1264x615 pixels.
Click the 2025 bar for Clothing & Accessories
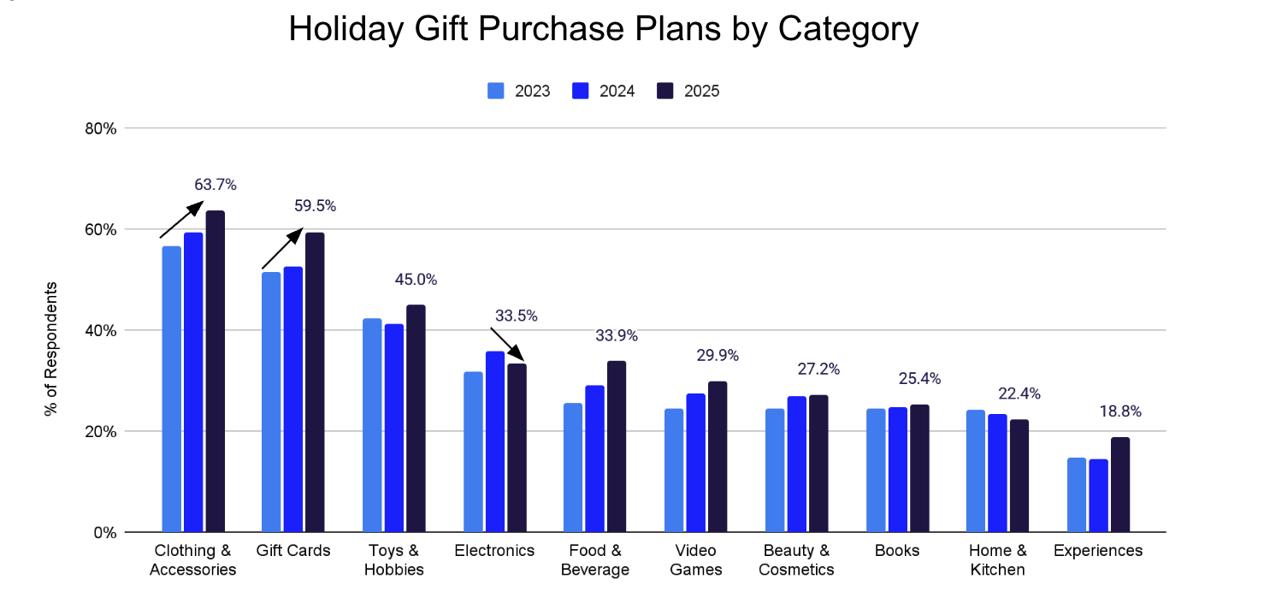[215, 371]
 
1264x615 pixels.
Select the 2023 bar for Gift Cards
[271, 402]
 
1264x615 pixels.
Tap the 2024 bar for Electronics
[495, 441]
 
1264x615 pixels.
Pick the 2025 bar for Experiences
[1119, 485]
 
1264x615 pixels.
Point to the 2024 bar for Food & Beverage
[595, 458]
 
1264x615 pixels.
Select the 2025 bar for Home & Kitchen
[1019, 476]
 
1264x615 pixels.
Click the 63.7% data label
[216, 184]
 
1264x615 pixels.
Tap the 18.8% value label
[1120, 411]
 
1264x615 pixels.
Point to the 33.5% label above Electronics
[517, 316]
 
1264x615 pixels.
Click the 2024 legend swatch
[582, 91]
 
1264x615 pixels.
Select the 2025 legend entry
[688, 91]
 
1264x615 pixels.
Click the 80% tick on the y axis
[102, 128]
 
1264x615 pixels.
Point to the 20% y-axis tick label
[102, 431]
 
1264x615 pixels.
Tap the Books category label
[897, 551]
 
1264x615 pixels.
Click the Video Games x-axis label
[695, 560]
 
